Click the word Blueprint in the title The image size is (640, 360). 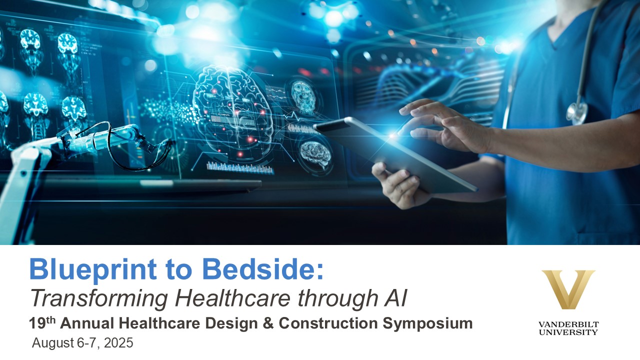point(93,269)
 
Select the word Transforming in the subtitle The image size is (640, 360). point(99,299)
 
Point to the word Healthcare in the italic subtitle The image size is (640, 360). point(233,297)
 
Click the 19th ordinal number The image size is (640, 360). point(42,323)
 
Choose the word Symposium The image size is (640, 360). point(427,324)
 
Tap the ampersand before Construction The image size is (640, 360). point(268,323)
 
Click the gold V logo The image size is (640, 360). point(568,289)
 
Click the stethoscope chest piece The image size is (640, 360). point(577,113)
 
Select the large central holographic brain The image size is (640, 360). point(233,110)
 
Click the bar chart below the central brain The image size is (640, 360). point(240,167)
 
